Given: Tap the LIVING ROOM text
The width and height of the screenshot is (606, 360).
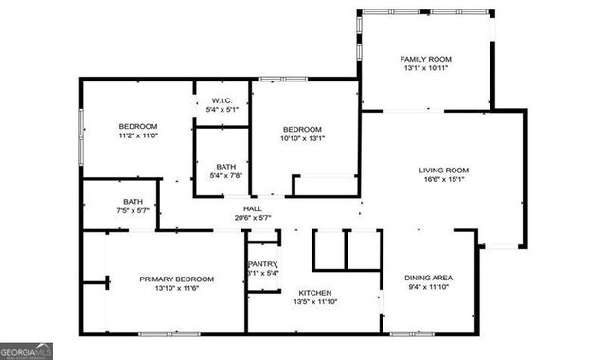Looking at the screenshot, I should click(x=444, y=171).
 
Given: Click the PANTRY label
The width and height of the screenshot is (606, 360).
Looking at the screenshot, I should click(x=262, y=264).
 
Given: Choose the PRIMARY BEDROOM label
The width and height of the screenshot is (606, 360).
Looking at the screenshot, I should click(x=176, y=279).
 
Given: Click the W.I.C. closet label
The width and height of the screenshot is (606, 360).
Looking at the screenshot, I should click(x=223, y=100).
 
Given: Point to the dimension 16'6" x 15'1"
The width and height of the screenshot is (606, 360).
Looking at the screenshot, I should click(x=444, y=182).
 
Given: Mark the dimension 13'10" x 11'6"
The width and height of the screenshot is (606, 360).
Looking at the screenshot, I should click(x=176, y=289).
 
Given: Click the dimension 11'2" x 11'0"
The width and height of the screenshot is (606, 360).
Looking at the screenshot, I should click(x=137, y=136).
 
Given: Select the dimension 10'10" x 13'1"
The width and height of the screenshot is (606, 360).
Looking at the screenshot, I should click(x=303, y=139).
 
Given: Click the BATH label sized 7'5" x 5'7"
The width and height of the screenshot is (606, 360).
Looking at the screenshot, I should click(x=133, y=201).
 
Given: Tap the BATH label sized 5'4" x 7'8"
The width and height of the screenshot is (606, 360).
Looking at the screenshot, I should click(x=225, y=166).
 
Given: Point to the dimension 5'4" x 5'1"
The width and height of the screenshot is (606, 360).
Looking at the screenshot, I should click(x=223, y=111).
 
